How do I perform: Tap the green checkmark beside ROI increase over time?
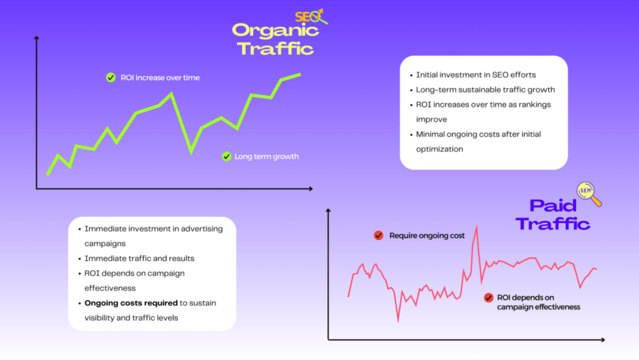point(110,77)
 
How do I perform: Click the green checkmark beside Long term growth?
point(227,157)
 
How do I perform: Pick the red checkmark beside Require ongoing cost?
point(378,235)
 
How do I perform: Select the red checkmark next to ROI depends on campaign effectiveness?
point(489,298)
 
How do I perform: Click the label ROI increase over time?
point(161,78)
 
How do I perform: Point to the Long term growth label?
point(266,157)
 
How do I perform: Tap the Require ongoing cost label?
point(427,236)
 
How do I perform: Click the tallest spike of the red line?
point(476,227)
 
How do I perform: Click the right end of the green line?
point(300,74)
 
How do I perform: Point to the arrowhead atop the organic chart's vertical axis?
point(37,39)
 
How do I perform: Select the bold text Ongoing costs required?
point(130,303)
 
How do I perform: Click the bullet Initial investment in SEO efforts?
point(476,75)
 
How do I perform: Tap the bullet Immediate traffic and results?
point(139,258)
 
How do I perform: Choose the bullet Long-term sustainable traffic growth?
point(485,90)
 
